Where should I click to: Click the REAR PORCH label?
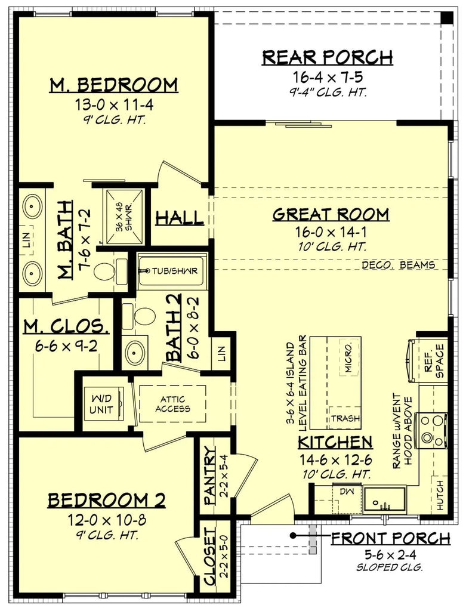coord(328,57)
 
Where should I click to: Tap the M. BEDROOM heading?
coord(113,85)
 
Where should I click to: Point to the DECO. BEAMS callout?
coord(399,265)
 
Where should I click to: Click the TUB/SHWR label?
coord(177,270)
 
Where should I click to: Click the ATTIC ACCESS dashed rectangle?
coord(173,404)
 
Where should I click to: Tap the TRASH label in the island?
coord(346,418)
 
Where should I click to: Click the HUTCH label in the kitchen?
coord(440,495)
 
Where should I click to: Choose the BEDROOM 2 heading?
coord(106,499)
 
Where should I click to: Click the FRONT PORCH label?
coord(390,539)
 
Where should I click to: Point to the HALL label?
coord(179,218)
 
